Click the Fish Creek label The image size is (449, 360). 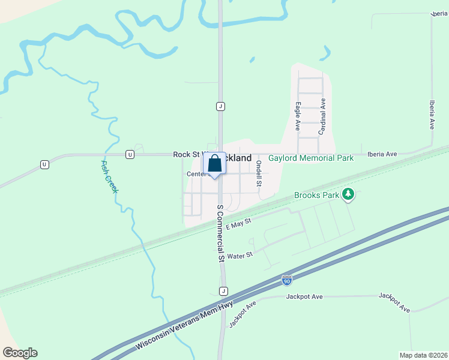coord(109,177)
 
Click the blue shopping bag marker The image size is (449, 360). coord(215,164)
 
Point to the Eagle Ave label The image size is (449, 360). coord(298,116)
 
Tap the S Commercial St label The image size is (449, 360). coord(220,233)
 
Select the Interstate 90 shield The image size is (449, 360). coord(287,280)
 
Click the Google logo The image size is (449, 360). coord(20,353)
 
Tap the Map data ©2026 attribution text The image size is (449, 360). coord(423,355)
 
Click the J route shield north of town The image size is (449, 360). coord(220,106)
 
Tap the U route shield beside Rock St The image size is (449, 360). coord(130,155)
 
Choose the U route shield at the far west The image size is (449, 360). coord(44,164)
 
